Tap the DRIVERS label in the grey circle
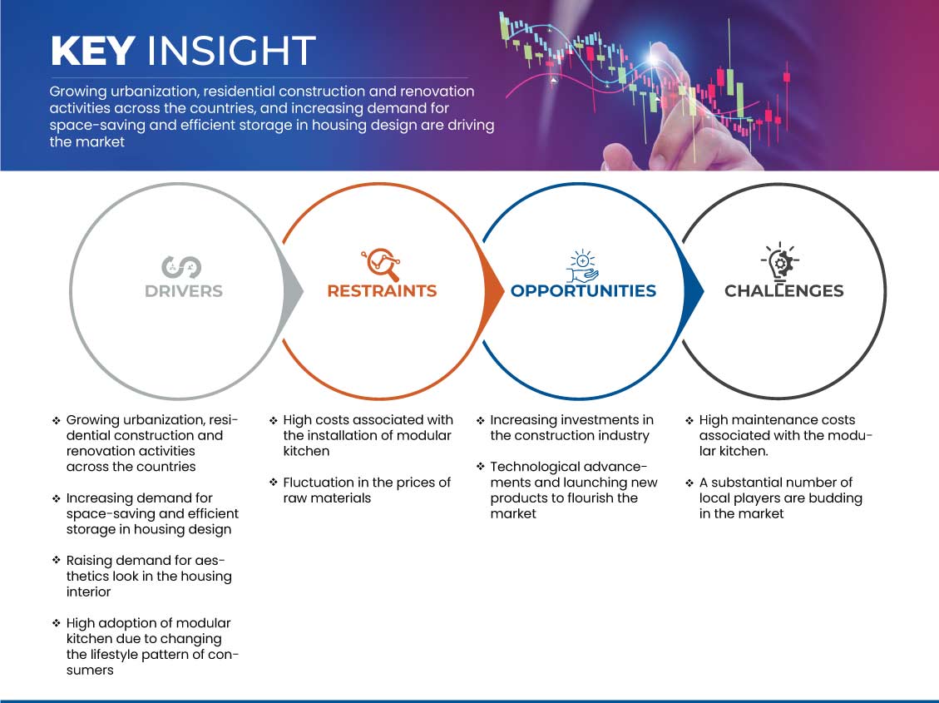(184, 291)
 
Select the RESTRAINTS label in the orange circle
(382, 291)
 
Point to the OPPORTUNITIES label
(583, 291)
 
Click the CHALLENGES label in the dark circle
(784, 291)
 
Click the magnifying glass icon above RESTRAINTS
(381, 264)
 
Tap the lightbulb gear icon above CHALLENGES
(780, 261)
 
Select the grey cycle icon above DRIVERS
(181, 267)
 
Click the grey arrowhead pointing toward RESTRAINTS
(294, 291)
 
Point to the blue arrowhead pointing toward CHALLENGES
(694, 291)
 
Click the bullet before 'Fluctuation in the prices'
(273, 483)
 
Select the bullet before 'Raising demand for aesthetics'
(57, 561)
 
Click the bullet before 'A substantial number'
(689, 483)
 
